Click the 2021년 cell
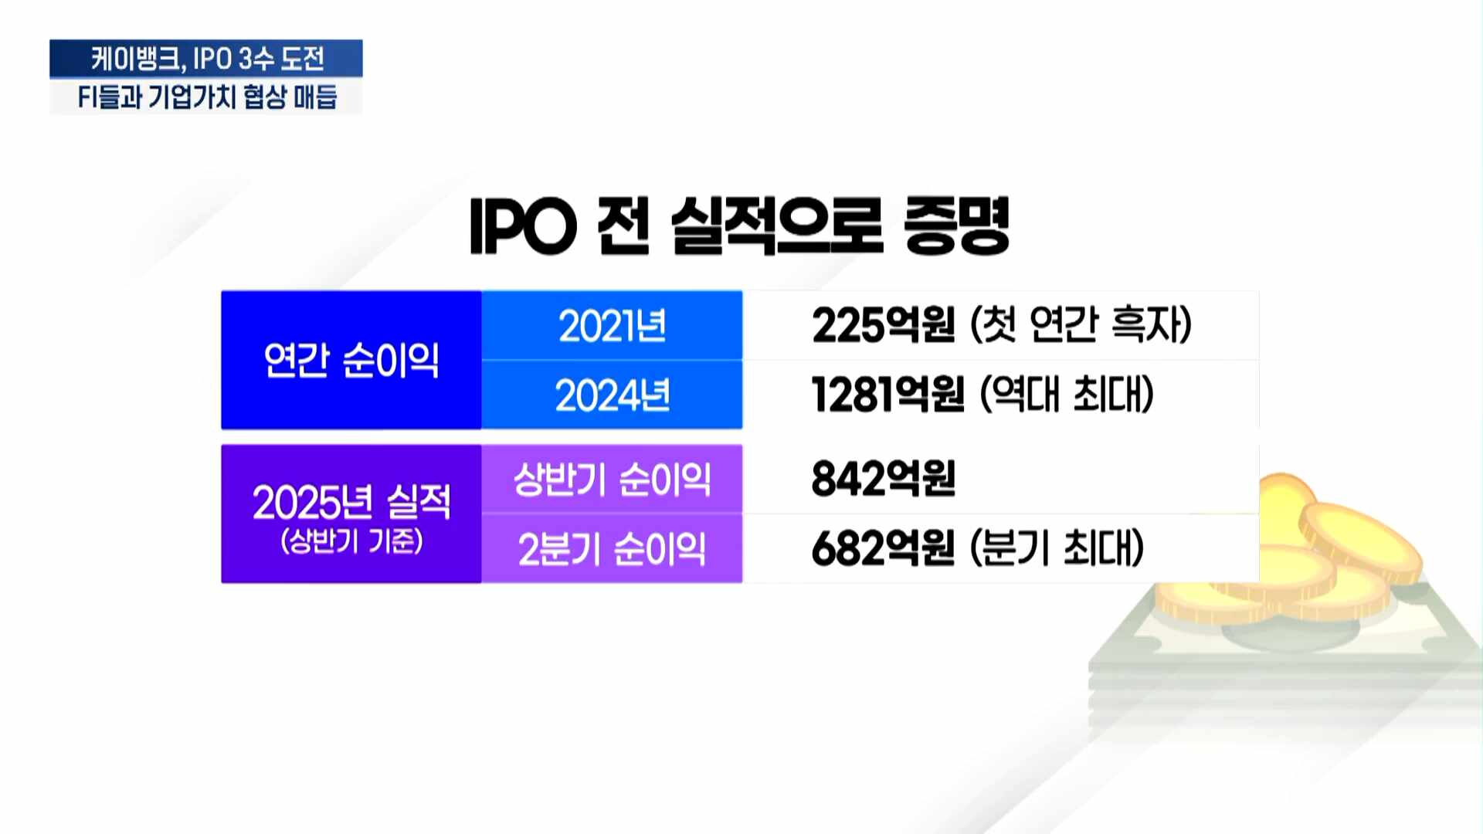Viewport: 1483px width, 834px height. tap(612, 325)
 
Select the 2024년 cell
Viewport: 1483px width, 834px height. tap(612, 395)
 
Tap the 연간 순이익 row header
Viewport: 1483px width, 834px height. tap(351, 360)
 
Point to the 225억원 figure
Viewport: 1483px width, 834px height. tap(884, 324)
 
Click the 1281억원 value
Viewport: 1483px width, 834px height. tap(888, 394)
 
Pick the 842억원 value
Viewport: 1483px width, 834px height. tap(884, 478)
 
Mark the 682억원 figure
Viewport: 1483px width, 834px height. tap(884, 548)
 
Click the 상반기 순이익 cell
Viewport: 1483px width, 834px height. tap(612, 479)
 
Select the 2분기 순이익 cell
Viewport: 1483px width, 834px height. tap(612, 549)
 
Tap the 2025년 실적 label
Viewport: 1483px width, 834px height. tap(351, 502)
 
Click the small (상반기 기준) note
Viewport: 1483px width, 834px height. tap(351, 541)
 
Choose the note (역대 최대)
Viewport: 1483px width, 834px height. tap(1067, 394)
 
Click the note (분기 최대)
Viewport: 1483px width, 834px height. tap(1057, 548)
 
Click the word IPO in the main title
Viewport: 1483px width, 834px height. tap(524, 226)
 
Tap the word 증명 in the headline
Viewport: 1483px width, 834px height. tap(957, 225)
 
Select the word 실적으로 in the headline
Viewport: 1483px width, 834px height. tap(777, 225)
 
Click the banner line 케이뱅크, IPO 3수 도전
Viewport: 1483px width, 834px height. tap(207, 59)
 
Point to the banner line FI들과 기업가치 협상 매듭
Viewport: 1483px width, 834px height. tap(207, 97)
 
